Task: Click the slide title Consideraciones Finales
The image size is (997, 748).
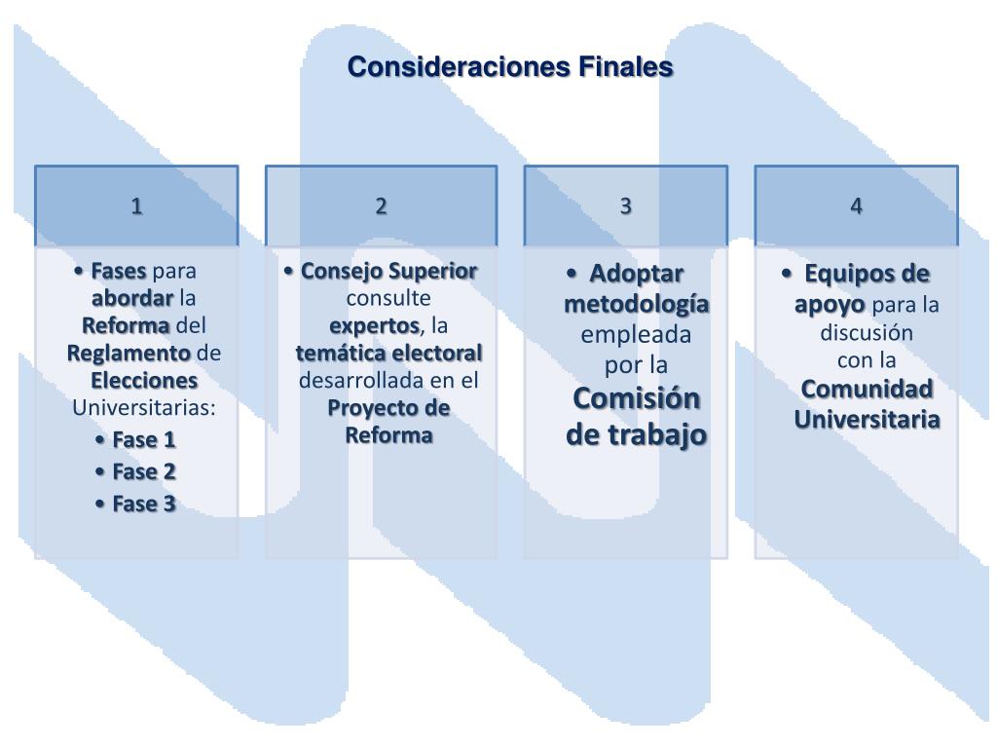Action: (x=510, y=67)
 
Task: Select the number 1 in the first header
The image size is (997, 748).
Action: (x=137, y=206)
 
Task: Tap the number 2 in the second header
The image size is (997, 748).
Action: (x=382, y=206)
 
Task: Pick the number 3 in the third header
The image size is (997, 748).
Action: (x=626, y=206)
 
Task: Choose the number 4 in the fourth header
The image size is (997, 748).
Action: (x=856, y=206)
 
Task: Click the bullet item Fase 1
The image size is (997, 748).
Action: (x=143, y=439)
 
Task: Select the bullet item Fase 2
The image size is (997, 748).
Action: (x=143, y=471)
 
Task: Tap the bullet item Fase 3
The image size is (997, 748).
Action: (x=143, y=504)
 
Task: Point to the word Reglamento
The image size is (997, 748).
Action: (x=129, y=352)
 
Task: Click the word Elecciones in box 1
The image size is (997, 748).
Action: (x=144, y=379)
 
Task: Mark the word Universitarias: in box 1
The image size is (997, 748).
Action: (x=144, y=406)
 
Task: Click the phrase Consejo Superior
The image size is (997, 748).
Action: (x=388, y=270)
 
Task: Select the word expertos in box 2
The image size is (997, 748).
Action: (x=374, y=324)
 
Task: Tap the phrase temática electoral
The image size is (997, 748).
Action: (x=388, y=352)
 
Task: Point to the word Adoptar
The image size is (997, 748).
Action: (x=638, y=273)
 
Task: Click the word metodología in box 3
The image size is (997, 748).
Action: (x=637, y=304)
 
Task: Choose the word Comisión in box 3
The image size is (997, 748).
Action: (x=637, y=398)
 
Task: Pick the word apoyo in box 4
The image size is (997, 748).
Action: (x=830, y=304)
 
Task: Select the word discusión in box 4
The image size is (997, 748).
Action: (x=867, y=332)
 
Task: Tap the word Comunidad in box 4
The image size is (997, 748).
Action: (x=867, y=389)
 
